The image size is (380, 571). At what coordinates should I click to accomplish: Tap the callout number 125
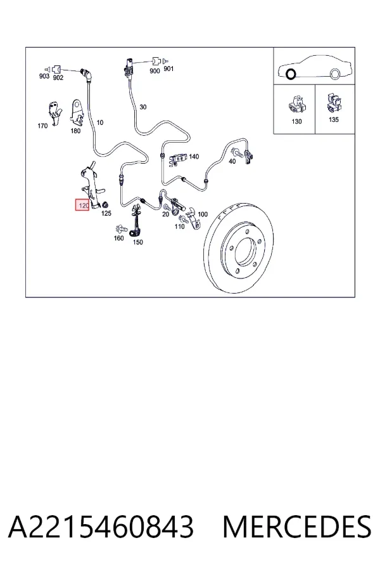pos(106,213)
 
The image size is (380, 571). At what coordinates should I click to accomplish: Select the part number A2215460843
pos(101,527)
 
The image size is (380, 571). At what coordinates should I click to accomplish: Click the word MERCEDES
pos(297,527)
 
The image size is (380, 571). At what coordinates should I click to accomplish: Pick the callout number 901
pos(168,69)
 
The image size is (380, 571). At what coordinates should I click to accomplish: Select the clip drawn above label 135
pos(334,103)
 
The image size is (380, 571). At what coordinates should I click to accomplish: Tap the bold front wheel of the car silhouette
pos(291,74)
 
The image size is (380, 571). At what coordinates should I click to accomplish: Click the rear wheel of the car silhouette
pos(335,74)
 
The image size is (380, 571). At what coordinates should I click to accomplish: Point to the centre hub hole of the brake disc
pos(247,251)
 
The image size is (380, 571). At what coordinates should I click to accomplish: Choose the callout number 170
pos(42,126)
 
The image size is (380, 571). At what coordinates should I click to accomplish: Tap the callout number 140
pos(194,157)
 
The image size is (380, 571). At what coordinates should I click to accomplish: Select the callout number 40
pos(232,161)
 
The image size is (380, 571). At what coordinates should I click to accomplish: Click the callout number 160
pos(119,238)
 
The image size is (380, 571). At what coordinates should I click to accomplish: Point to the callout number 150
pos(138,242)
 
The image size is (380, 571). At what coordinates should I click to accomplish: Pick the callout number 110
pos(180,226)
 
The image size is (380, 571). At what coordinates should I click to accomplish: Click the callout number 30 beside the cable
pos(143,107)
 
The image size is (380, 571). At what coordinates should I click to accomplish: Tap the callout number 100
pos(203,214)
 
